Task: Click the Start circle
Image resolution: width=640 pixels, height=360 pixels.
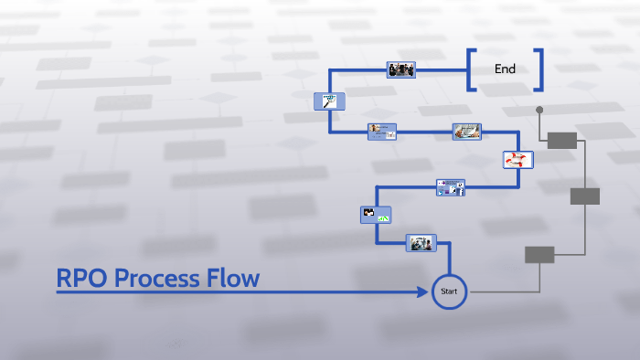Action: [x=448, y=291]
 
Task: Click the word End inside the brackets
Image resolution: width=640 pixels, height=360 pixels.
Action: [x=505, y=69]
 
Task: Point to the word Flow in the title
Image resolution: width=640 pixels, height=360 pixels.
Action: [x=232, y=278]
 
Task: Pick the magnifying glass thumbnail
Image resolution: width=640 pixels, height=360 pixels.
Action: [x=326, y=102]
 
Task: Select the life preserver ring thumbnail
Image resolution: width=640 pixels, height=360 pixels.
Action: [x=517, y=160]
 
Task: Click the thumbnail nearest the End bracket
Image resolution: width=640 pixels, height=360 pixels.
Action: [x=401, y=69]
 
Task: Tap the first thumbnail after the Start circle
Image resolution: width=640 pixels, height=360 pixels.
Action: [x=421, y=243]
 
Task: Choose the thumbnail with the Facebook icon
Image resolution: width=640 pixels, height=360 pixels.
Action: [x=451, y=188]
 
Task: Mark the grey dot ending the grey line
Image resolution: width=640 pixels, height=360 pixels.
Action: [x=539, y=110]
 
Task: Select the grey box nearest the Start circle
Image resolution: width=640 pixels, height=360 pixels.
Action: [x=539, y=255]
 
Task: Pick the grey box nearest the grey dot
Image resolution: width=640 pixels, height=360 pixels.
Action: [x=561, y=140]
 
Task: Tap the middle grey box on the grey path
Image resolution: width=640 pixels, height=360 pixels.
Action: [x=584, y=196]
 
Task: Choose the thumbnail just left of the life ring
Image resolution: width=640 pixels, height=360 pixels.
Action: [x=466, y=132]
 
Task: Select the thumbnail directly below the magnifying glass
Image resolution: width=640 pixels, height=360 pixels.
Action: [x=382, y=132]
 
